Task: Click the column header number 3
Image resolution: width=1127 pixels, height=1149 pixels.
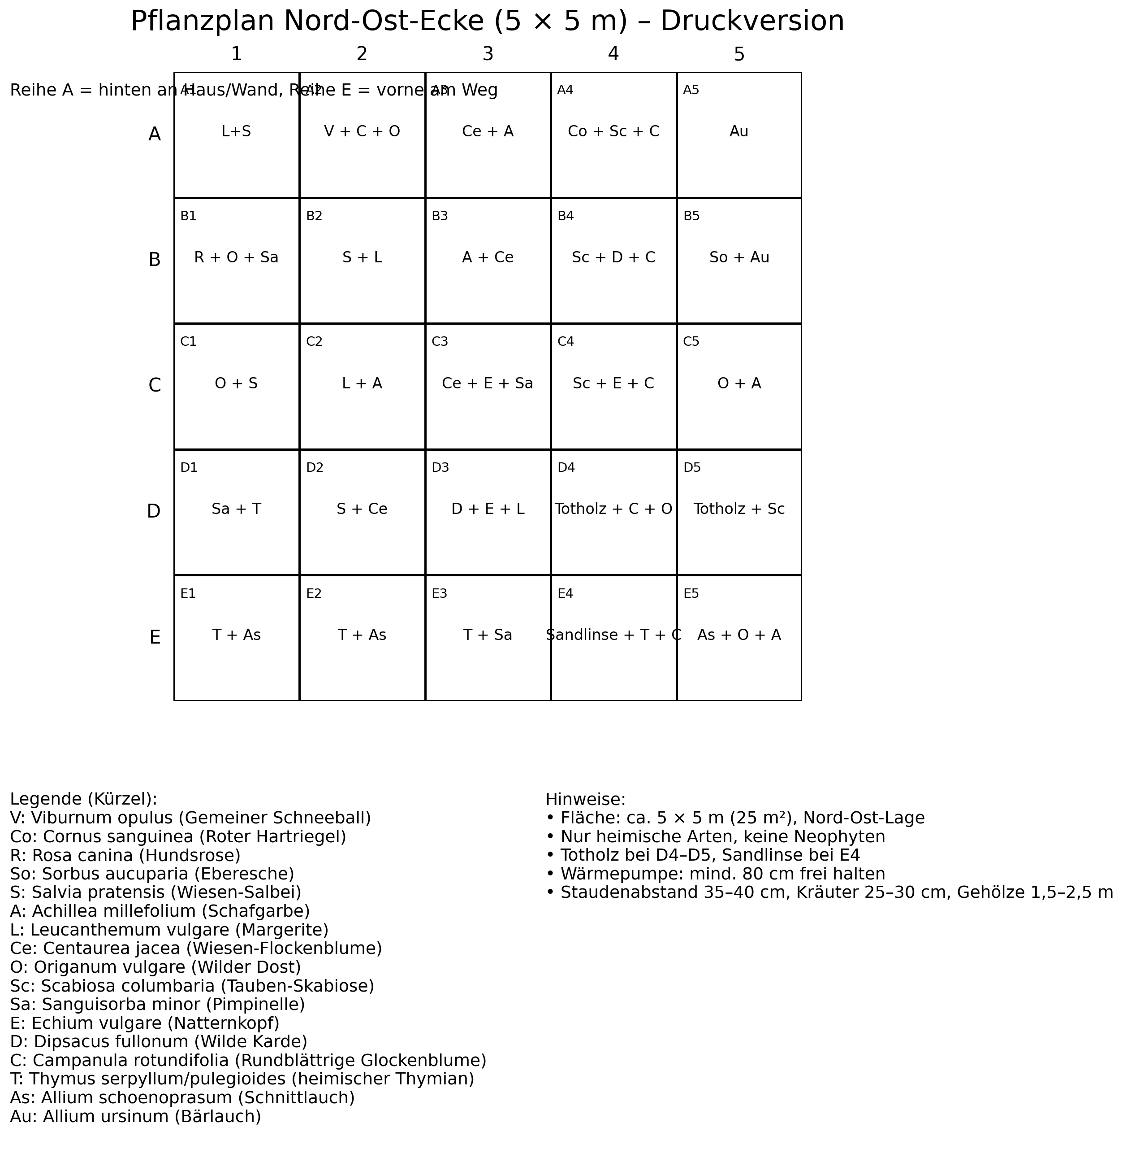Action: [x=488, y=54]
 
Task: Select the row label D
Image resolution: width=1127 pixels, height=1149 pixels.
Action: [x=153, y=511]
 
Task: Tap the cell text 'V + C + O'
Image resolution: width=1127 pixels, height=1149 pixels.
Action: [x=362, y=131]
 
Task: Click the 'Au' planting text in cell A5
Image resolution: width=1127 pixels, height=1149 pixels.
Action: [x=738, y=131]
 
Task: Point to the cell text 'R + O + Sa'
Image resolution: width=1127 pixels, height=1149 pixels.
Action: [x=236, y=257]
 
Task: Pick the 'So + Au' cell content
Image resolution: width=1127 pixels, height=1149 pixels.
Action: [x=738, y=257]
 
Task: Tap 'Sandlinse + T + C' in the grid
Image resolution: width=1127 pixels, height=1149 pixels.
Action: [x=613, y=635]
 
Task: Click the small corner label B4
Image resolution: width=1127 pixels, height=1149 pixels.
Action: [x=565, y=216]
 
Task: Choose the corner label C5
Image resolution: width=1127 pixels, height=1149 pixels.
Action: [x=691, y=342]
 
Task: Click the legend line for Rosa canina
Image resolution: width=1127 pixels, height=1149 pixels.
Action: [x=125, y=856]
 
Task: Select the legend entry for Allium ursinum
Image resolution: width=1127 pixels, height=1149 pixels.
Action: [x=135, y=1116]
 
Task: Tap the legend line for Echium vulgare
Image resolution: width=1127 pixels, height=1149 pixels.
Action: [x=144, y=1023]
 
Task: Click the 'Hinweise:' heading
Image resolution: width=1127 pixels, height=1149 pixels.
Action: [x=585, y=800]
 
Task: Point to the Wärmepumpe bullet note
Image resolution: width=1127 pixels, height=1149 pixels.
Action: [x=715, y=874]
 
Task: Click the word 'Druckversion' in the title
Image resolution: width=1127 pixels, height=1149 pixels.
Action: [x=752, y=22]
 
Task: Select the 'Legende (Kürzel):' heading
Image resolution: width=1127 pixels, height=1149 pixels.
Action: [x=83, y=800]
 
